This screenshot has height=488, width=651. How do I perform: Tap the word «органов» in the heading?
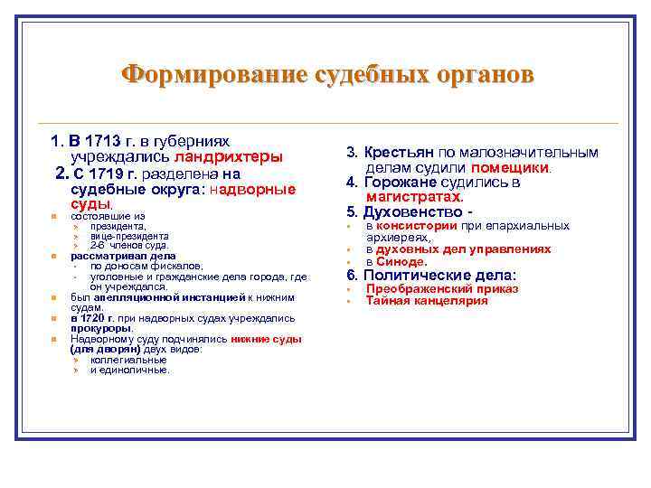(x=478, y=74)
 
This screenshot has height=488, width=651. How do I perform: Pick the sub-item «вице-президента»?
(x=129, y=235)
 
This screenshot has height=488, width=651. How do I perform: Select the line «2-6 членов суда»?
(x=129, y=244)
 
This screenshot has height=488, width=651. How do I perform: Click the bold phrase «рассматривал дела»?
(x=111, y=256)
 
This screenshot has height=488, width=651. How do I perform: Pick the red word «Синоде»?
(x=401, y=260)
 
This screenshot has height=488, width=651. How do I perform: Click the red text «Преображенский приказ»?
(x=442, y=289)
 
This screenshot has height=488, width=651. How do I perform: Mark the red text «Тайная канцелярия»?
(x=427, y=300)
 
